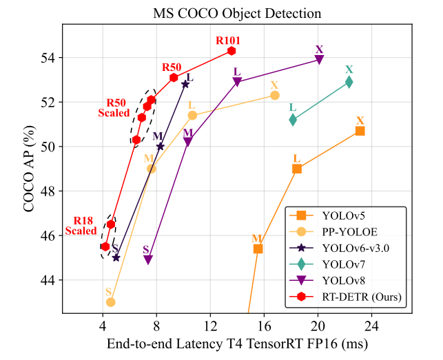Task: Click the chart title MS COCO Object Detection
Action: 237,12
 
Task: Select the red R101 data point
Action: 231,51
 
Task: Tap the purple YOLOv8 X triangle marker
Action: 319,60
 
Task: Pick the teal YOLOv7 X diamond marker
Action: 349,82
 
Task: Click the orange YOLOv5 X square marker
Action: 360,131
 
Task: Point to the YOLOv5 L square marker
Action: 297,169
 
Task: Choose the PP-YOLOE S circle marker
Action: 110,302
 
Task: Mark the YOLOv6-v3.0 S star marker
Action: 116,257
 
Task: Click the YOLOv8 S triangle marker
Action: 148,260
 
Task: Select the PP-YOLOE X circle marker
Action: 275,95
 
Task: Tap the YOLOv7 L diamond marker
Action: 293,120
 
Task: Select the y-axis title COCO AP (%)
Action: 31,169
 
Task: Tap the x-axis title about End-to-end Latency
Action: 237,343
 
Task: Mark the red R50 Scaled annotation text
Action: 114,107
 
